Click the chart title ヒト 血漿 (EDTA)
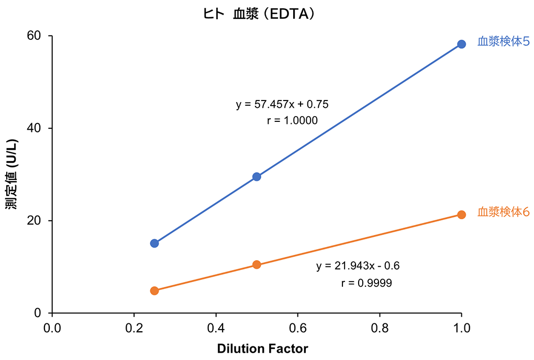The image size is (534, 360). (x=259, y=15)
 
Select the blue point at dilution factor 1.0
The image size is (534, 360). (x=461, y=44)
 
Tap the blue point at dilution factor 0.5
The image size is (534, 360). (x=257, y=177)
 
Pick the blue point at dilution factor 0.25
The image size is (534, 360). (x=154, y=243)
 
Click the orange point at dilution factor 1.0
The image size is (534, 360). (x=461, y=215)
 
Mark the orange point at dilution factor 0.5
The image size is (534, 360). (x=257, y=265)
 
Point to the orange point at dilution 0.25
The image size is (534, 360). (x=154, y=291)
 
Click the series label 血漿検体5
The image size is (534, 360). (x=503, y=42)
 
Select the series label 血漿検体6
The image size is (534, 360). (x=503, y=212)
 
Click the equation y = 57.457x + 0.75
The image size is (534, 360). (x=282, y=105)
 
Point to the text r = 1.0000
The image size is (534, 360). (x=292, y=121)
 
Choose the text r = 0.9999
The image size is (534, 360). (x=366, y=283)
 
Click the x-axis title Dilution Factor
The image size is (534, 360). (x=262, y=348)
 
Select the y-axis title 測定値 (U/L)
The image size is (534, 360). (x=12, y=174)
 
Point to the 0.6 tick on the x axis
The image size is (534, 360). (x=297, y=328)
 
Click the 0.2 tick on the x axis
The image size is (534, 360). (x=134, y=328)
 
